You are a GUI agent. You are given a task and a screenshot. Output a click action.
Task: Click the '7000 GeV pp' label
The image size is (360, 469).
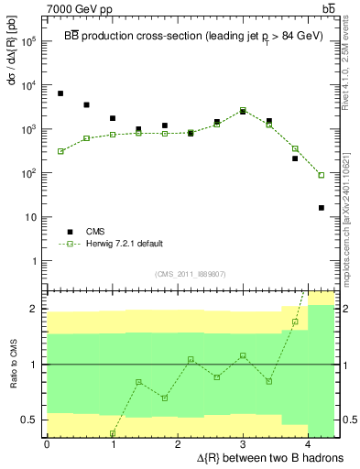(x=76, y=7)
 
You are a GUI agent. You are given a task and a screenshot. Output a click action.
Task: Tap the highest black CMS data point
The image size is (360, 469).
(x=60, y=93)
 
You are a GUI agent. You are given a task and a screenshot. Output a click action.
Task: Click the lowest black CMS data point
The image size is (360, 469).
(x=322, y=208)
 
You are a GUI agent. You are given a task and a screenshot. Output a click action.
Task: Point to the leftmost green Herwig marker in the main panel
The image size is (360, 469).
(x=60, y=151)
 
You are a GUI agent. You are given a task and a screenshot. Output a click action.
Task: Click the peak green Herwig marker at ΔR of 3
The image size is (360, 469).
(x=243, y=112)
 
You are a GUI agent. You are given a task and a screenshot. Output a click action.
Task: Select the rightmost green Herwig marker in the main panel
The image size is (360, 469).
(x=322, y=175)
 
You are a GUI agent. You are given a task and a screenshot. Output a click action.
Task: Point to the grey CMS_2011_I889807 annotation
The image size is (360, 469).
(x=191, y=274)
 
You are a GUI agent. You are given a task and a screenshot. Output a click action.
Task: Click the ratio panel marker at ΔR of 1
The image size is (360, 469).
(x=113, y=433)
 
